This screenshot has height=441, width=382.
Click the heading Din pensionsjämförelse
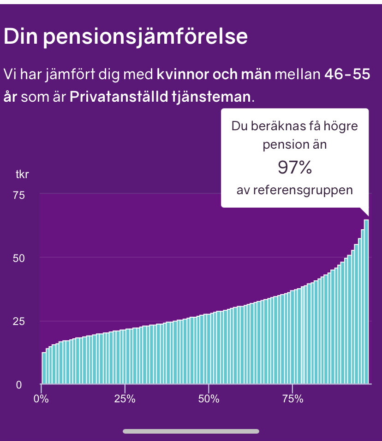pyautogui.click(x=125, y=37)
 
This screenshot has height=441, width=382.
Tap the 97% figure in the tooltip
pyautogui.click(x=294, y=168)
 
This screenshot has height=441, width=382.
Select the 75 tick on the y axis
pyautogui.click(x=19, y=195)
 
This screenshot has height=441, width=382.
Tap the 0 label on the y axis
pyautogui.click(x=19, y=385)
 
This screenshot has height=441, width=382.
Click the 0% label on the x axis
pyautogui.click(x=42, y=399)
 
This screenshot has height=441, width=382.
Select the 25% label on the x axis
pyautogui.click(x=125, y=399)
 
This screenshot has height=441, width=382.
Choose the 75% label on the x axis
pyautogui.click(x=292, y=399)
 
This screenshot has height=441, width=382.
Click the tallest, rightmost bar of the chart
pyautogui.click(x=366, y=302)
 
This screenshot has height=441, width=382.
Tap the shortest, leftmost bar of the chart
pyautogui.click(x=44, y=368)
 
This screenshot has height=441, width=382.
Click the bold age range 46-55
pyautogui.click(x=347, y=74)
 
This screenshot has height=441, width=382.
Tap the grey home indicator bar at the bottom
pyautogui.click(x=191, y=431)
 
